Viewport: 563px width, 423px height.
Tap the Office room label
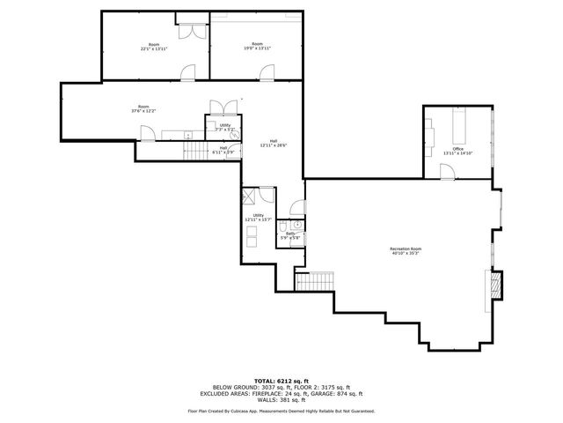coord(457,152)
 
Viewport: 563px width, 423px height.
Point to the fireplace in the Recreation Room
coord(494,285)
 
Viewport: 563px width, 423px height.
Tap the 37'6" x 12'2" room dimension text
coord(143,112)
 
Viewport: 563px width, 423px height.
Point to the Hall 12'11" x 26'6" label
coord(274,144)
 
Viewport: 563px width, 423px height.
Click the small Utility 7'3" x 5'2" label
coord(225,128)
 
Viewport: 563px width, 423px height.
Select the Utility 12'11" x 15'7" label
coord(259,218)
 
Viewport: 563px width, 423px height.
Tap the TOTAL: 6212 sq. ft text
coord(281,380)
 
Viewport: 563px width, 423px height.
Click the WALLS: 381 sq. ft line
coord(281,401)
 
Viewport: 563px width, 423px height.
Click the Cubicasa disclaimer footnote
coord(281,412)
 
